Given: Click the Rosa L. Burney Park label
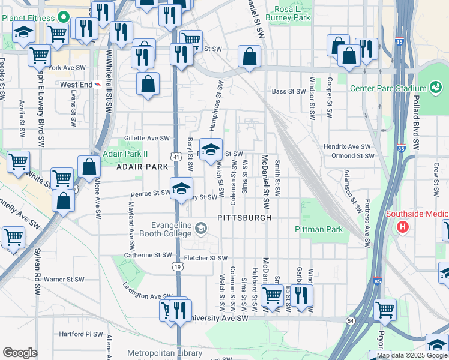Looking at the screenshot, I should click(292, 13).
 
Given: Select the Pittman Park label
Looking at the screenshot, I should click(319, 229).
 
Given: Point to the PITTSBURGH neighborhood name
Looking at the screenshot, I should click(244, 218).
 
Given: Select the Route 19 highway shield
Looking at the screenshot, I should click(178, 266).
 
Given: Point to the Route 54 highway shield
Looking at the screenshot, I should click(350, 322).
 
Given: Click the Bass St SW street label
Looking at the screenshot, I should click(289, 92).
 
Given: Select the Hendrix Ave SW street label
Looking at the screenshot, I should click(347, 146).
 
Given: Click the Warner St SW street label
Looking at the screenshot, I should click(62, 279).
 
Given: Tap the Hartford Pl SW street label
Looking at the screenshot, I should click(81, 334).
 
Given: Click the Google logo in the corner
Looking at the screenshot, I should click(20, 353).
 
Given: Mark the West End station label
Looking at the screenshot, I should click(76, 85).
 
